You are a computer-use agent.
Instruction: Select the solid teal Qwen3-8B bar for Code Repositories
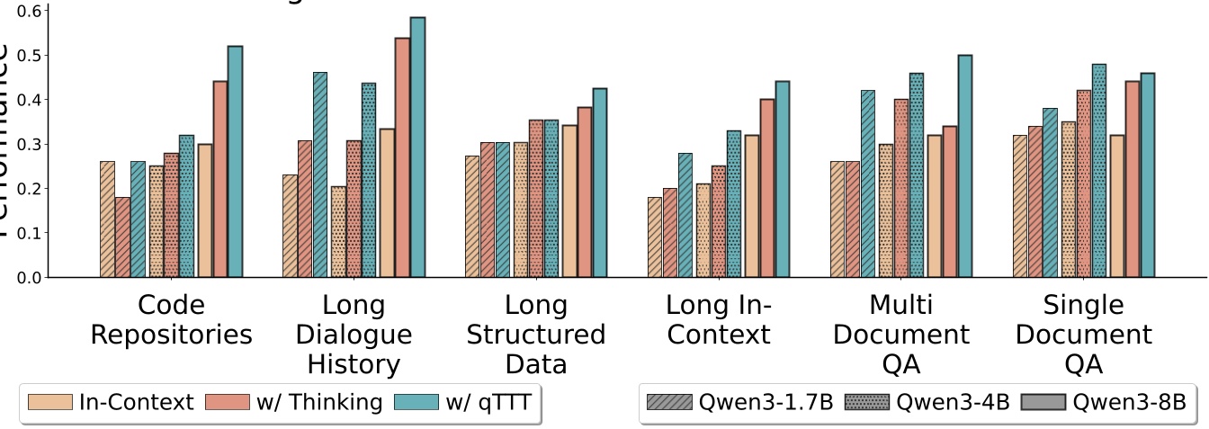point(235,162)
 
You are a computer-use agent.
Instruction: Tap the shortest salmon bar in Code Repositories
point(122,237)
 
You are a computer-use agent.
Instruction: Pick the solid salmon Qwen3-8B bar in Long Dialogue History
point(402,157)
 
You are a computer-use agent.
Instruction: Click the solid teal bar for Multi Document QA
point(964,166)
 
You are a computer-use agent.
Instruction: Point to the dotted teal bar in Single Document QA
point(1098,171)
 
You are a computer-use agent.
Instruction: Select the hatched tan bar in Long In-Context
point(654,237)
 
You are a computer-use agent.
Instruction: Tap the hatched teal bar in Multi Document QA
point(867,184)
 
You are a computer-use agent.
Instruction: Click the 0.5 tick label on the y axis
point(30,56)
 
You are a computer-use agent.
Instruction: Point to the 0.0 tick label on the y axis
point(30,278)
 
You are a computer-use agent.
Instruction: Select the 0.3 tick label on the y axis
point(30,145)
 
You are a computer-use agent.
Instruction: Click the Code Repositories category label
point(171,320)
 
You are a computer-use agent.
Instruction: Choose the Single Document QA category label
point(1082,335)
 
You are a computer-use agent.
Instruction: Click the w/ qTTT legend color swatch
point(416,403)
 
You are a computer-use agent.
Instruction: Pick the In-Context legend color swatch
point(49,403)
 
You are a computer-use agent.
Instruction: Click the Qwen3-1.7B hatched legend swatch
point(669,403)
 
